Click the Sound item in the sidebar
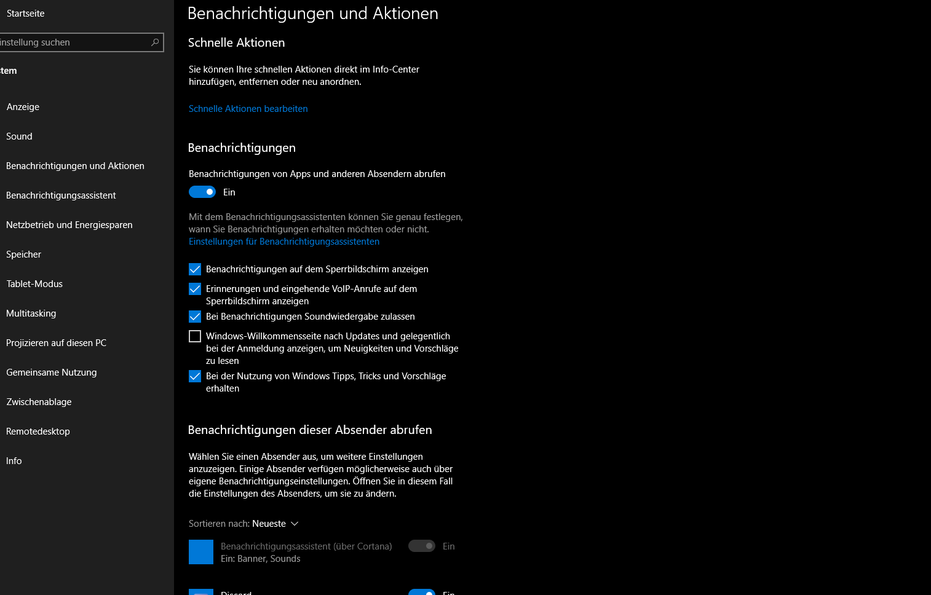pyautogui.click(x=19, y=136)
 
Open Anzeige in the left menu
pyautogui.click(x=23, y=107)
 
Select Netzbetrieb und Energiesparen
pyautogui.click(x=69, y=225)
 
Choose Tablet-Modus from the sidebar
pyautogui.click(x=34, y=284)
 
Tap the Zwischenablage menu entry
pyautogui.click(x=39, y=402)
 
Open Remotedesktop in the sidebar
pyautogui.click(x=38, y=431)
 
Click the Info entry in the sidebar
pyautogui.click(x=14, y=461)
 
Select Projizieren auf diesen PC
pyautogui.click(x=56, y=343)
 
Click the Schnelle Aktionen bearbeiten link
pyautogui.click(x=248, y=109)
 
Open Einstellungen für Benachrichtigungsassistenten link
pyautogui.click(x=283, y=242)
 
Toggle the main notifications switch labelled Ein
pyautogui.click(x=202, y=192)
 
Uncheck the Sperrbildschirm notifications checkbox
pyautogui.click(x=195, y=269)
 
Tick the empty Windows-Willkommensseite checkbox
pyautogui.click(x=195, y=336)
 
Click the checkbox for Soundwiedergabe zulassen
pyautogui.click(x=195, y=317)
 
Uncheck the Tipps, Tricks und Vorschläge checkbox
pyautogui.click(x=195, y=376)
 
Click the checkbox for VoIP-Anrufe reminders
pyautogui.click(x=195, y=289)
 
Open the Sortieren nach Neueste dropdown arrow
pyautogui.click(x=295, y=524)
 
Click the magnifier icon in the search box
pyautogui.click(x=155, y=42)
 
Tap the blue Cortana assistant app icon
pyautogui.click(x=201, y=552)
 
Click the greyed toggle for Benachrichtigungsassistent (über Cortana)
pyautogui.click(x=422, y=546)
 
